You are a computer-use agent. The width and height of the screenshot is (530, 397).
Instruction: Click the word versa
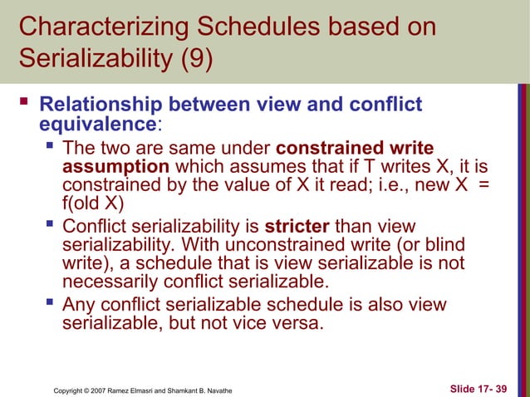(297, 323)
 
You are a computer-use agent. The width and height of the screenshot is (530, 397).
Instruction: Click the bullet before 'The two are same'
(49, 149)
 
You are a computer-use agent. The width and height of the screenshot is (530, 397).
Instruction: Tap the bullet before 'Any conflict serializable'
(49, 305)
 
